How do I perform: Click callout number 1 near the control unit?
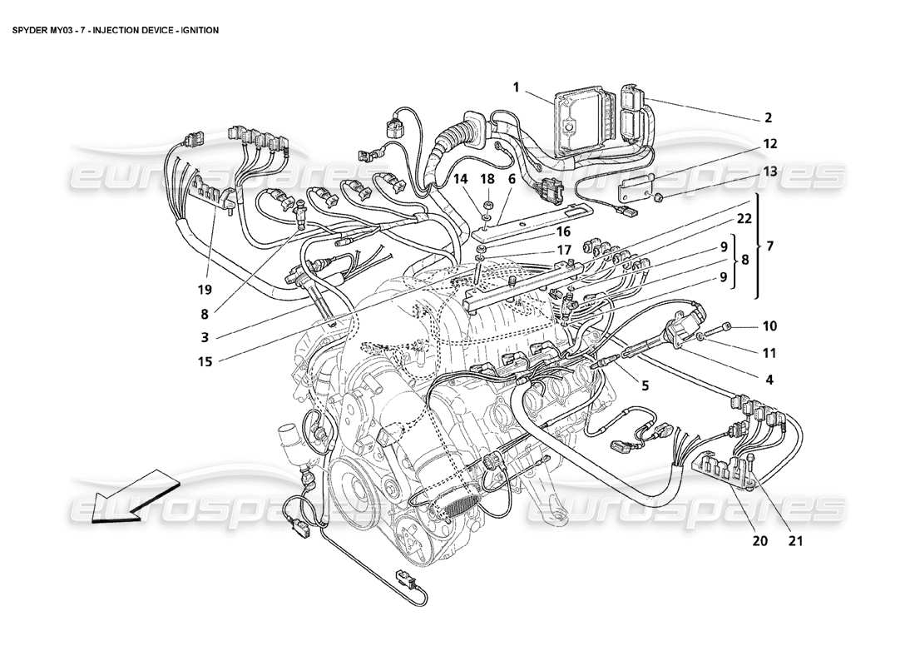coord(517,87)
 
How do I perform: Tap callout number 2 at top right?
coord(768,117)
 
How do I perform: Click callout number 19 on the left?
coord(205,290)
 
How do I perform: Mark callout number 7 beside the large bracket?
coord(769,246)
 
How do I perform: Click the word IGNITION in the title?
coord(196,30)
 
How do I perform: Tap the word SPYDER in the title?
coord(30,30)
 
